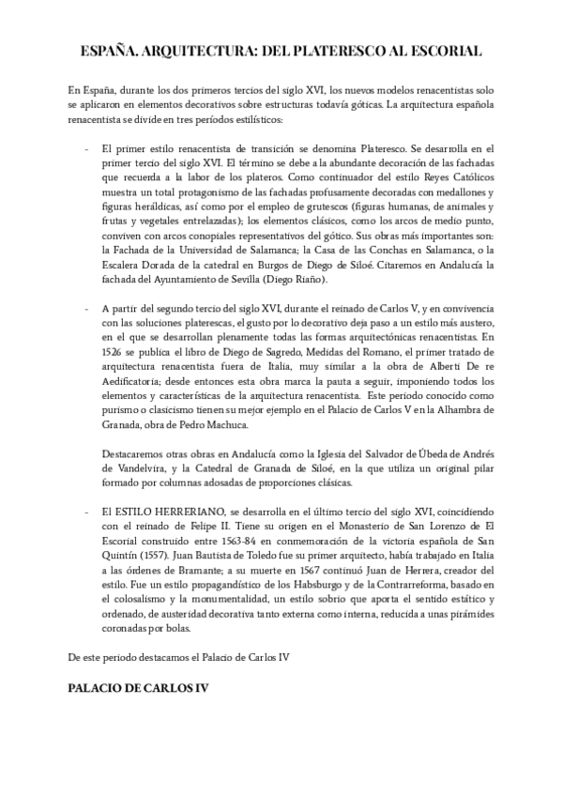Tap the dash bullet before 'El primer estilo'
(x=86, y=149)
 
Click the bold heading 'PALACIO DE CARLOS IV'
(x=138, y=688)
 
